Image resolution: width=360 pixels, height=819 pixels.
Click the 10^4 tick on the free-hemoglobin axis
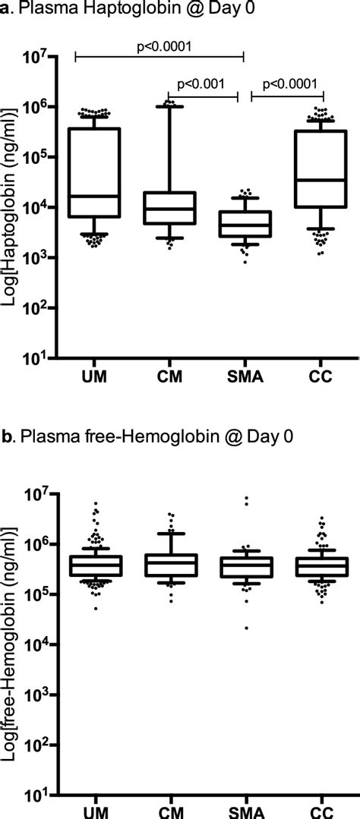click(x=39, y=644)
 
